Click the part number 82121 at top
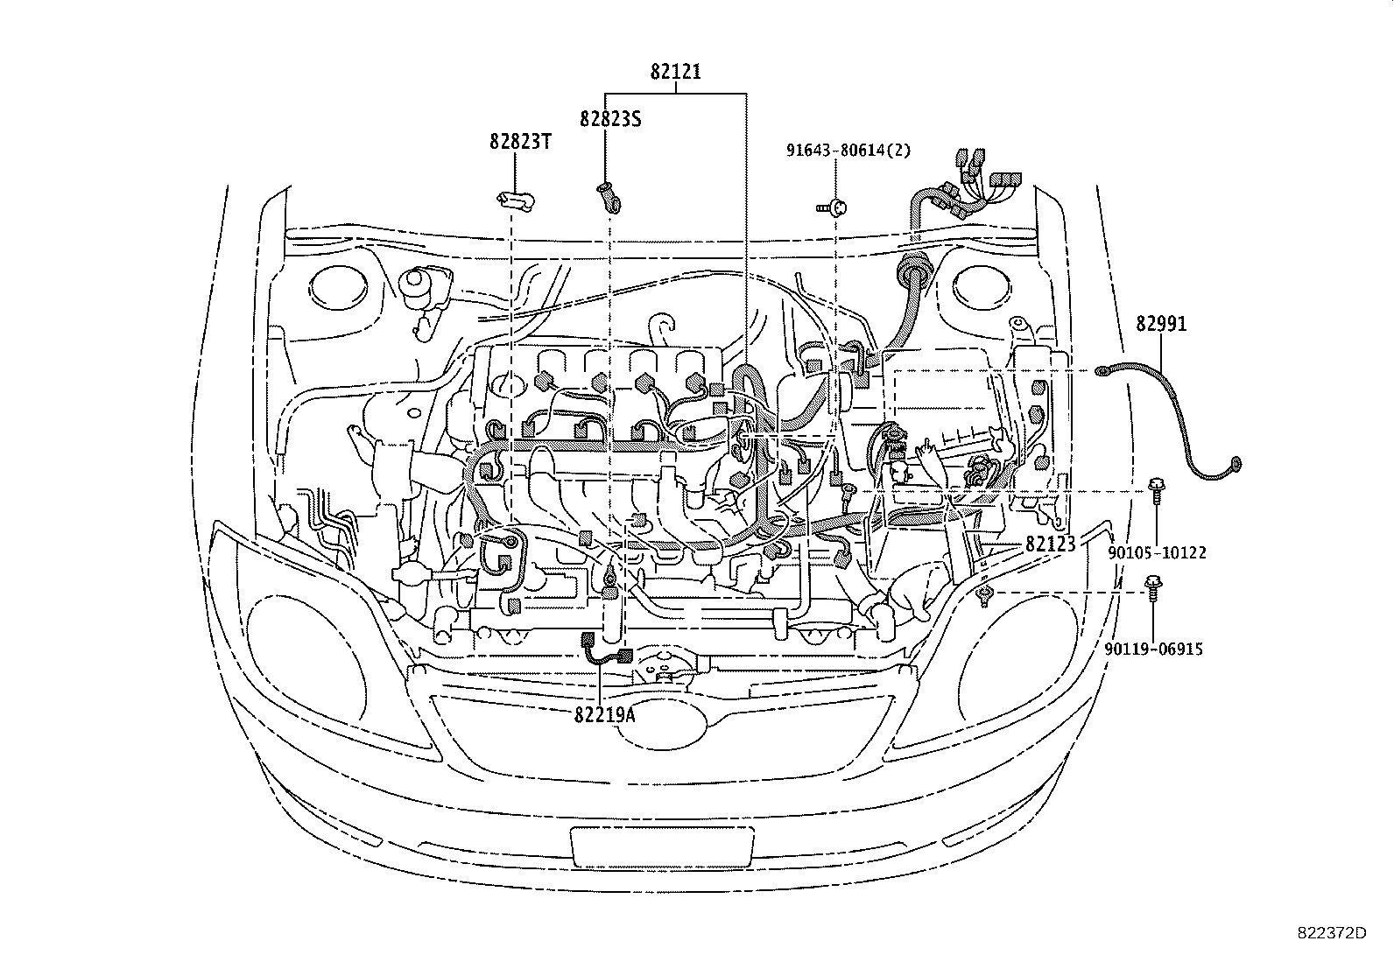(x=675, y=73)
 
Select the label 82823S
(x=610, y=119)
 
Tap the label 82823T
(x=520, y=141)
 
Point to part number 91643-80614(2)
(x=836, y=150)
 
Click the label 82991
(x=1161, y=324)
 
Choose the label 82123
(x=1050, y=544)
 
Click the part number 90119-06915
(x=1152, y=649)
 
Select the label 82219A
(x=604, y=714)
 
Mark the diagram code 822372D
(x=1331, y=933)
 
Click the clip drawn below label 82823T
(x=515, y=201)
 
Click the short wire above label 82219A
(x=606, y=649)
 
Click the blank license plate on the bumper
(x=661, y=846)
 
